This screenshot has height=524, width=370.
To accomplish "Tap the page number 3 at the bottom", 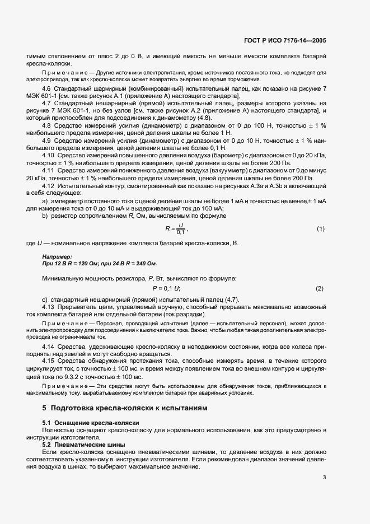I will [x=324, y=478].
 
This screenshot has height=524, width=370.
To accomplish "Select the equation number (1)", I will [x=320, y=228].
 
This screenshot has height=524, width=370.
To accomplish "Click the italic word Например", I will [x=57, y=256].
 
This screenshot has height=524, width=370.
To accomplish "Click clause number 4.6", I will [x=47, y=89].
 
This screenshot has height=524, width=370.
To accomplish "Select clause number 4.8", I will [x=47, y=125].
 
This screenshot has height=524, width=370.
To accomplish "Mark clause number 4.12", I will [x=49, y=185].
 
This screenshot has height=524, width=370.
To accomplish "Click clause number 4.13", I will [x=49, y=307].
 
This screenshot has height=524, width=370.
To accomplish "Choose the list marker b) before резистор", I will [x=45, y=215].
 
